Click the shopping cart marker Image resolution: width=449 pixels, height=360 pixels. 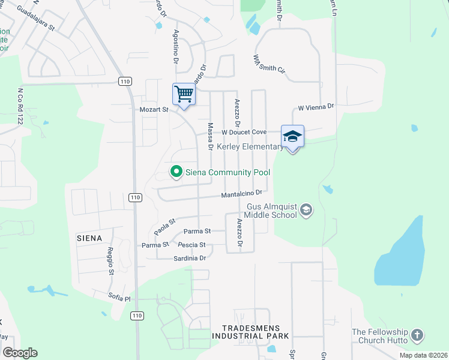tap(184, 94)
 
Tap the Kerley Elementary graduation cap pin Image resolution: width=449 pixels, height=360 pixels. tap(292, 136)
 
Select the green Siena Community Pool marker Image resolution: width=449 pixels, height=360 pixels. tap(176, 172)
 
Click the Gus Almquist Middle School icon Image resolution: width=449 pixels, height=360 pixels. tap(306, 209)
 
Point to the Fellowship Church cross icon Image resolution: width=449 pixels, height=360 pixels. tap(418, 335)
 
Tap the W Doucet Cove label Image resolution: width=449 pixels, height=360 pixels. tap(244, 132)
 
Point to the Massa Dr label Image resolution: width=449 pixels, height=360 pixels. tap(211, 137)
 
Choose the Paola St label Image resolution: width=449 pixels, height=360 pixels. tap(163, 226)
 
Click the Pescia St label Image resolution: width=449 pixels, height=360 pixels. tap(192, 245)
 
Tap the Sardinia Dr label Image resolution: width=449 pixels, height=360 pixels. tap(190, 258)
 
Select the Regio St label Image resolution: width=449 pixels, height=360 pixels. tap(111, 261)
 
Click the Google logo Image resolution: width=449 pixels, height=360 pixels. tap(20, 353)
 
